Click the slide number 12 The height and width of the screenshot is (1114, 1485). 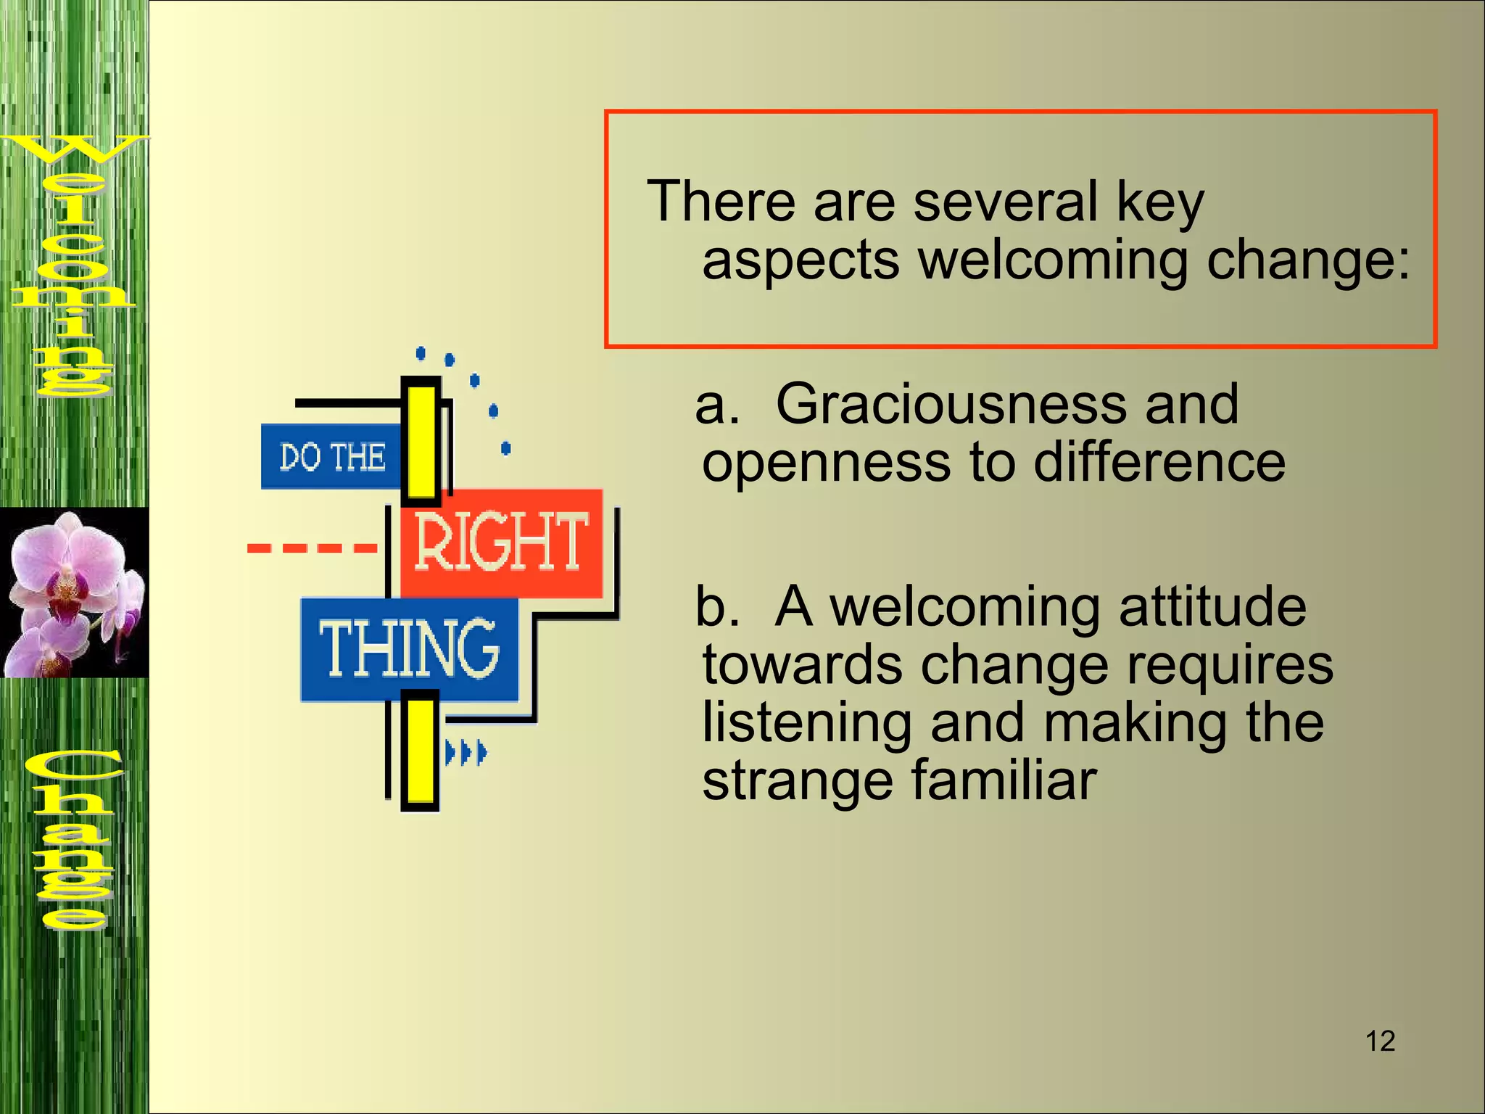click(1380, 1041)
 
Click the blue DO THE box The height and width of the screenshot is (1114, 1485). click(332, 457)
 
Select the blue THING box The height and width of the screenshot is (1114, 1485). click(410, 649)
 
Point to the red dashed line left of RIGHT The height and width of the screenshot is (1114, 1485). click(313, 548)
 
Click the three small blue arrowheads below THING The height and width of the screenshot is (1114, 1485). click(466, 753)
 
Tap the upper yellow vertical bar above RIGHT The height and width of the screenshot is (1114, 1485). click(421, 440)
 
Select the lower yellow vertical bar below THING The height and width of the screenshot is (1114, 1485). click(420, 751)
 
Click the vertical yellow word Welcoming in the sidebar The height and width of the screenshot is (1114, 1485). click(73, 265)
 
